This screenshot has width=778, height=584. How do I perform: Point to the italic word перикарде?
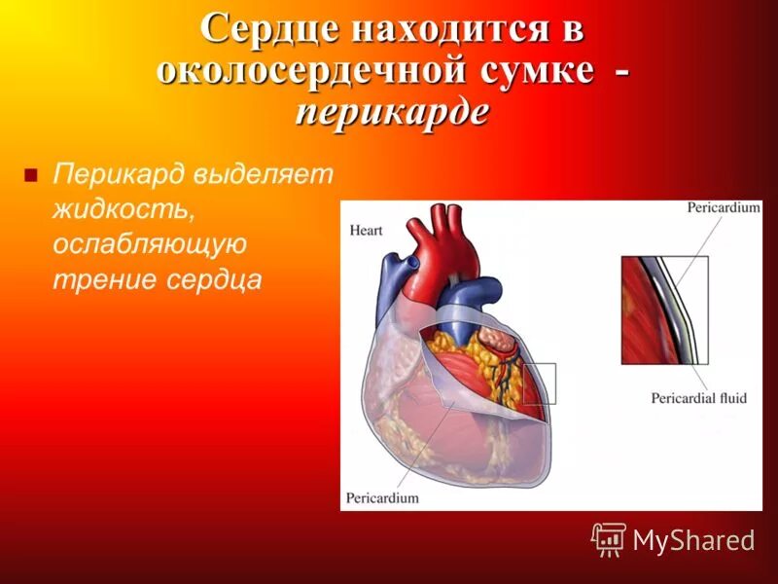391,112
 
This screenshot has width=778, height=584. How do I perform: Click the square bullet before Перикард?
30,176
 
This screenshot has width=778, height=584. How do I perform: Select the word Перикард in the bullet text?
119,175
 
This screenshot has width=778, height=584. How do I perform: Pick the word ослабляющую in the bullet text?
150,244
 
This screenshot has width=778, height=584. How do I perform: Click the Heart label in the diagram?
368,231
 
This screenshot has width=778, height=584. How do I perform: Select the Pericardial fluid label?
698,398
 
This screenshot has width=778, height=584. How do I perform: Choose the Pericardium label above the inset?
723,208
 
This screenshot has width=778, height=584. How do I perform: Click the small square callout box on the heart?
540,383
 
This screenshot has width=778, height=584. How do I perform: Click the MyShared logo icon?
609,538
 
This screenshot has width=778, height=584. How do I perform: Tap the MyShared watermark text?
693,541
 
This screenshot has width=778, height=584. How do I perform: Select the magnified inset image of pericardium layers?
664,310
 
